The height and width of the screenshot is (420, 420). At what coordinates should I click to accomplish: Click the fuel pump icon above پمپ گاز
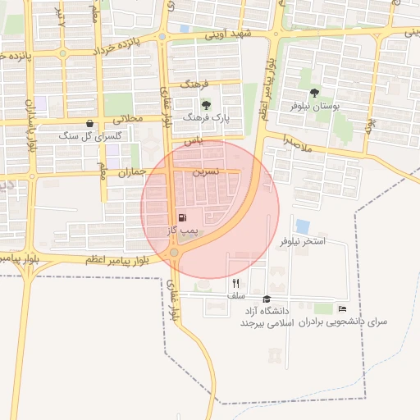point(181,218)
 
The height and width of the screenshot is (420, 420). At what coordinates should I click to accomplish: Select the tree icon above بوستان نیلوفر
point(315,94)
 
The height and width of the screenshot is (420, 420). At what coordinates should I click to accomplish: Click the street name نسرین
point(206,173)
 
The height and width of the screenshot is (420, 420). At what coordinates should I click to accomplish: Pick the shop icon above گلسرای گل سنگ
point(89,123)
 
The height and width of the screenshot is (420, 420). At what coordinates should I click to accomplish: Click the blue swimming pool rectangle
point(302,225)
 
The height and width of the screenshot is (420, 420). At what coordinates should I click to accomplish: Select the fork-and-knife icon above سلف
point(236,283)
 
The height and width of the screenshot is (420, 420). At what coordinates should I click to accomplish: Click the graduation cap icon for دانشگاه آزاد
point(266,299)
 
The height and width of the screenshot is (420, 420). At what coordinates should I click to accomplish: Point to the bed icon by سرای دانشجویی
point(341,309)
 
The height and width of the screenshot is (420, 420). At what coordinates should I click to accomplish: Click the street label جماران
point(131,173)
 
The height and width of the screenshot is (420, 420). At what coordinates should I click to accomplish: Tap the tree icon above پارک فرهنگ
point(205,105)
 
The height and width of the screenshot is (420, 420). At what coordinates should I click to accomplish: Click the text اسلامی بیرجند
point(267,324)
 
